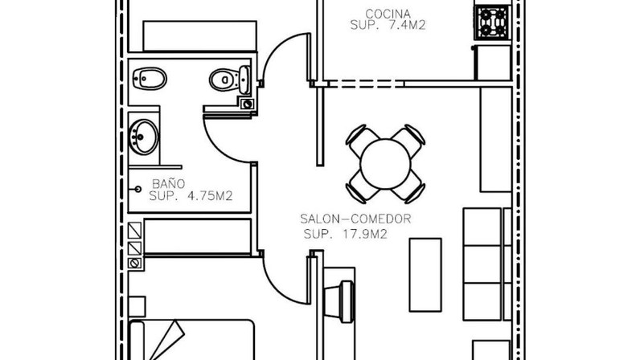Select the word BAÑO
pyautogui.click(x=169, y=183)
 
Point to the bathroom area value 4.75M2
pyautogui.click(x=210, y=196)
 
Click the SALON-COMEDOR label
pyautogui.click(x=355, y=219)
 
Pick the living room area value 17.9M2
pyautogui.click(x=363, y=235)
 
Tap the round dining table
pyautogui.click(x=385, y=164)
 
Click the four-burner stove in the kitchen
pyautogui.click(x=493, y=22)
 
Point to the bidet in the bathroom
pyautogui.click(x=150, y=79)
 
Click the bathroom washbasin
pyautogui.click(x=144, y=137)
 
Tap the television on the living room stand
pyautogui.click(x=339, y=301)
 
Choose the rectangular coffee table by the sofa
pyautogui.click(x=425, y=275)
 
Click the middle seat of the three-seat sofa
pyautogui.click(x=482, y=264)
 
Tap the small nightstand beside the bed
pyautogui.click(x=137, y=306)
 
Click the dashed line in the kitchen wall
pyautogui.click(x=366, y=84)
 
